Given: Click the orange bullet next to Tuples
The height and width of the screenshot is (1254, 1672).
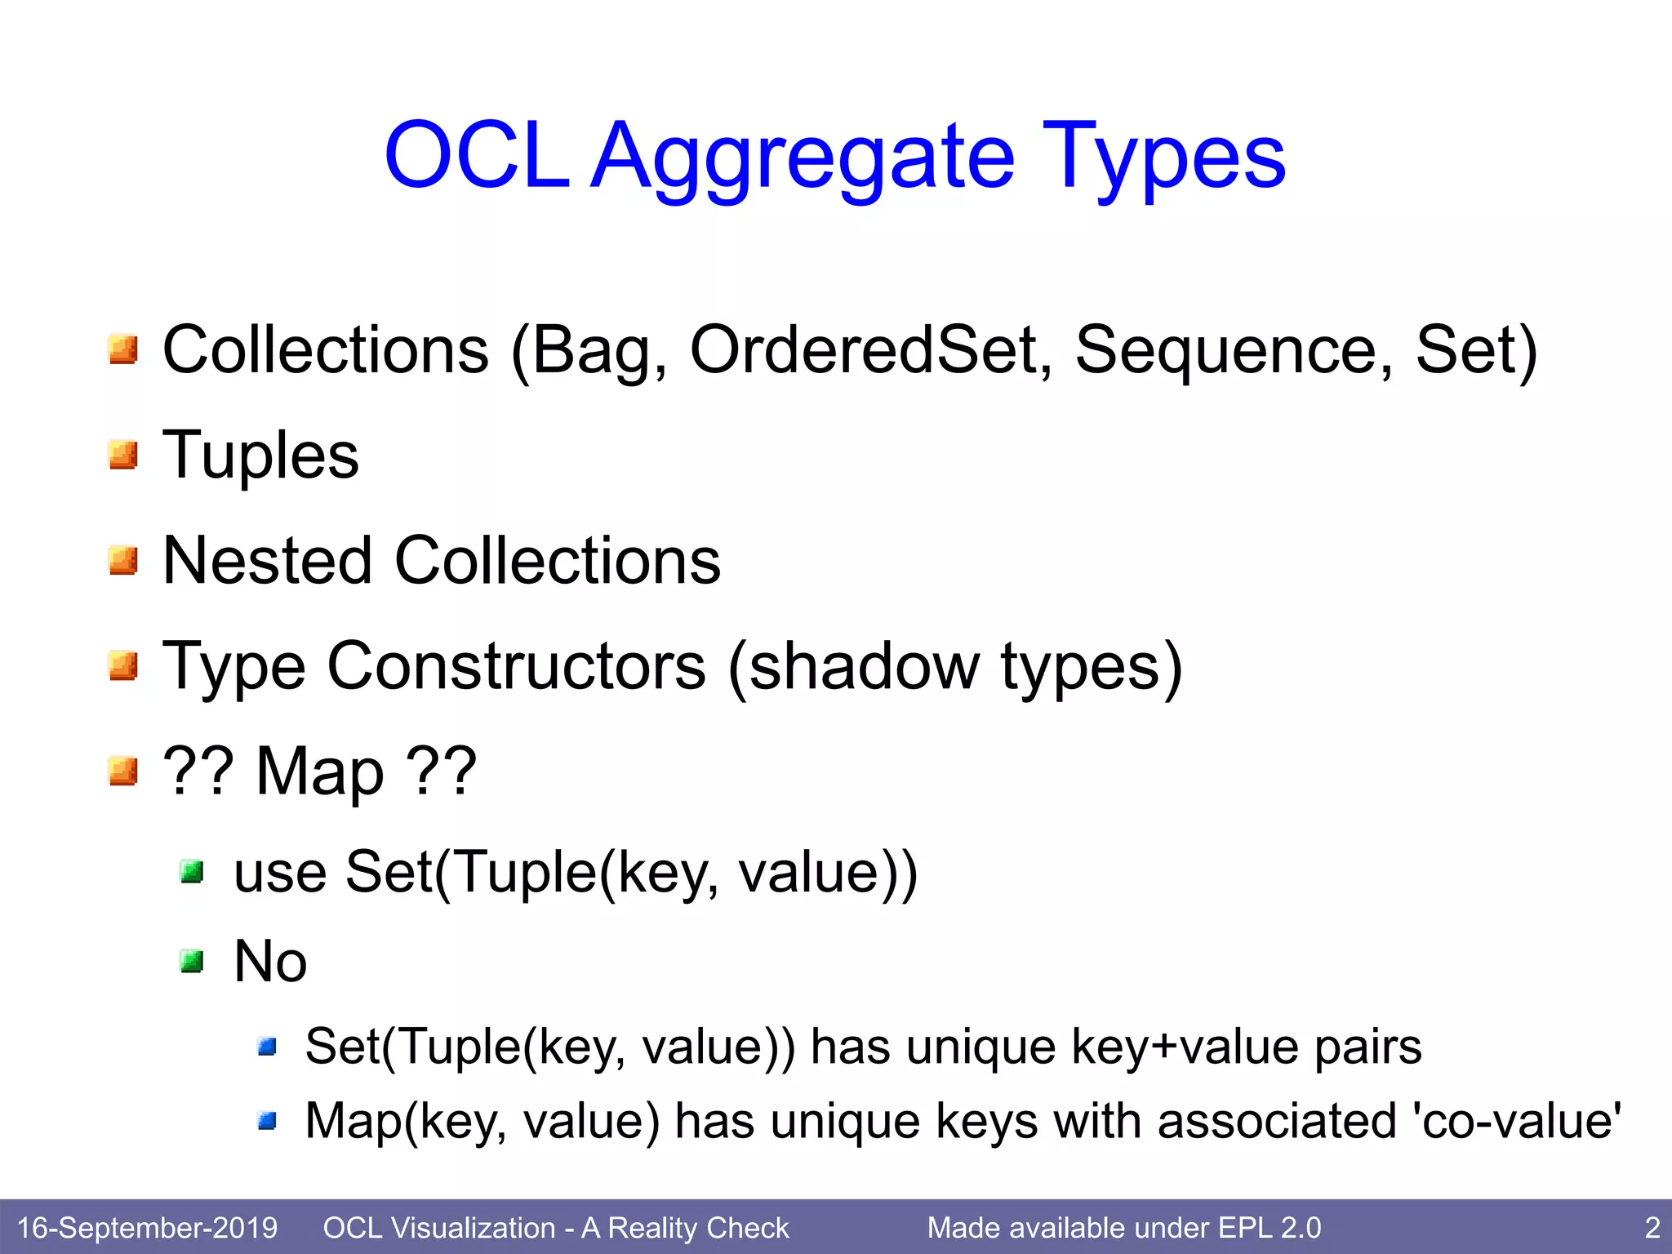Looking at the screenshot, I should point(123,455).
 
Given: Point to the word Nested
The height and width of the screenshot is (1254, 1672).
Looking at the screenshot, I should point(268,561).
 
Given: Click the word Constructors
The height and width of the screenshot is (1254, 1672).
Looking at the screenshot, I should point(516,666).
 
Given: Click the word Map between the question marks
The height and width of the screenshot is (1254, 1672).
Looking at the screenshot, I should point(319,772).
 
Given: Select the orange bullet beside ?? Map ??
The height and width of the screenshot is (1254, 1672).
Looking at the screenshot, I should point(123,771).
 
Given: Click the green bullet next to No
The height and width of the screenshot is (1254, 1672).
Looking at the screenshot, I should point(192,962).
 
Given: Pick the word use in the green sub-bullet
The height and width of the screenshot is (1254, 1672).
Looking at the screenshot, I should point(280,873).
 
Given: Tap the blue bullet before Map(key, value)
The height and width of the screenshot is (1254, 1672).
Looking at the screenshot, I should point(267,1122).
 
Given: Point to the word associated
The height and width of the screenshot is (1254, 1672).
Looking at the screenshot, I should point(1277,1121).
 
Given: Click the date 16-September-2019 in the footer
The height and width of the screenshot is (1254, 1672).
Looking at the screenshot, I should point(147,1227).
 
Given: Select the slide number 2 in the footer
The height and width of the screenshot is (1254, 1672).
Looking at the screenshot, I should point(1652,1227).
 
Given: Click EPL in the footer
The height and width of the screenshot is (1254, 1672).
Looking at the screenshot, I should point(1244,1227).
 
